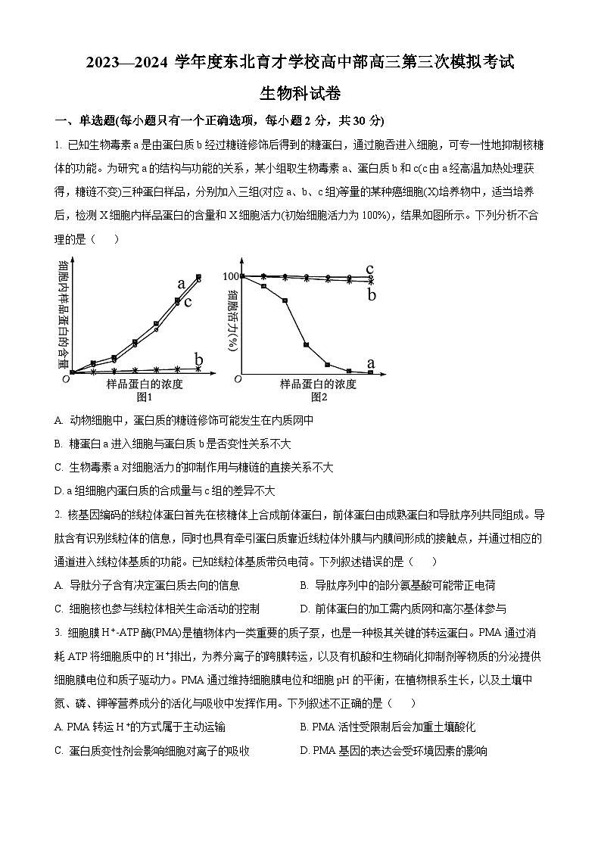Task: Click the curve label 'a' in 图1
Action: (181, 285)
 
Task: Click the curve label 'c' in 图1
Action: (187, 302)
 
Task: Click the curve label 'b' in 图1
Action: (199, 359)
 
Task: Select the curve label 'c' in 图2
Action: (370, 269)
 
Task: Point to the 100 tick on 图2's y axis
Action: (231, 277)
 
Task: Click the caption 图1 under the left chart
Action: (145, 397)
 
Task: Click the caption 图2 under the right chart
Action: (318, 397)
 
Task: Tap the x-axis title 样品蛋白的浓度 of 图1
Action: (145, 385)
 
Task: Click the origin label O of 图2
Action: (238, 378)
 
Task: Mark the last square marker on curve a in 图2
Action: (370, 372)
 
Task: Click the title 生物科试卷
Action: (300, 94)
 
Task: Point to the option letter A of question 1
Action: (59, 420)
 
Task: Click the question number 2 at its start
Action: (58, 515)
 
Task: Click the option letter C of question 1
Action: (59, 467)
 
